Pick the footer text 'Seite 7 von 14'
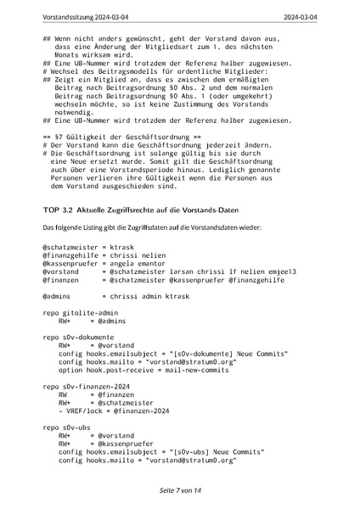click(x=180, y=491)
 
